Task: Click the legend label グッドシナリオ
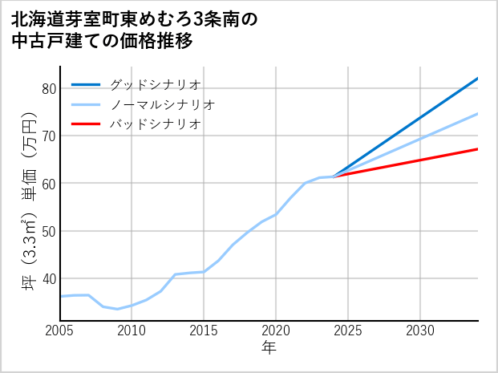[x=155, y=84]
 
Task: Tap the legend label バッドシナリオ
[x=155, y=124]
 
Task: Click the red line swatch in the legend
[x=86, y=124]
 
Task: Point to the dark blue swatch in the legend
[x=86, y=84]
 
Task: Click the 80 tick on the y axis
[x=48, y=88]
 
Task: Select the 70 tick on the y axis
[x=48, y=136]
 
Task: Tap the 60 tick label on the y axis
[x=48, y=184]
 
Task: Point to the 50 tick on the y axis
[x=48, y=231]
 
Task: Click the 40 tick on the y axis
[x=48, y=278]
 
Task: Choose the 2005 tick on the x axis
[x=60, y=330]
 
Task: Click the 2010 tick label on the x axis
[x=132, y=330]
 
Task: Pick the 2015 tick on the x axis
[x=204, y=330]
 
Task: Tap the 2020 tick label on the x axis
[x=276, y=330]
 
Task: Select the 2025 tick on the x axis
[x=348, y=330]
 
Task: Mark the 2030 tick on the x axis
[x=420, y=330]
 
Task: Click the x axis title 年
[x=269, y=348]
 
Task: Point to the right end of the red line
[x=477, y=149]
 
